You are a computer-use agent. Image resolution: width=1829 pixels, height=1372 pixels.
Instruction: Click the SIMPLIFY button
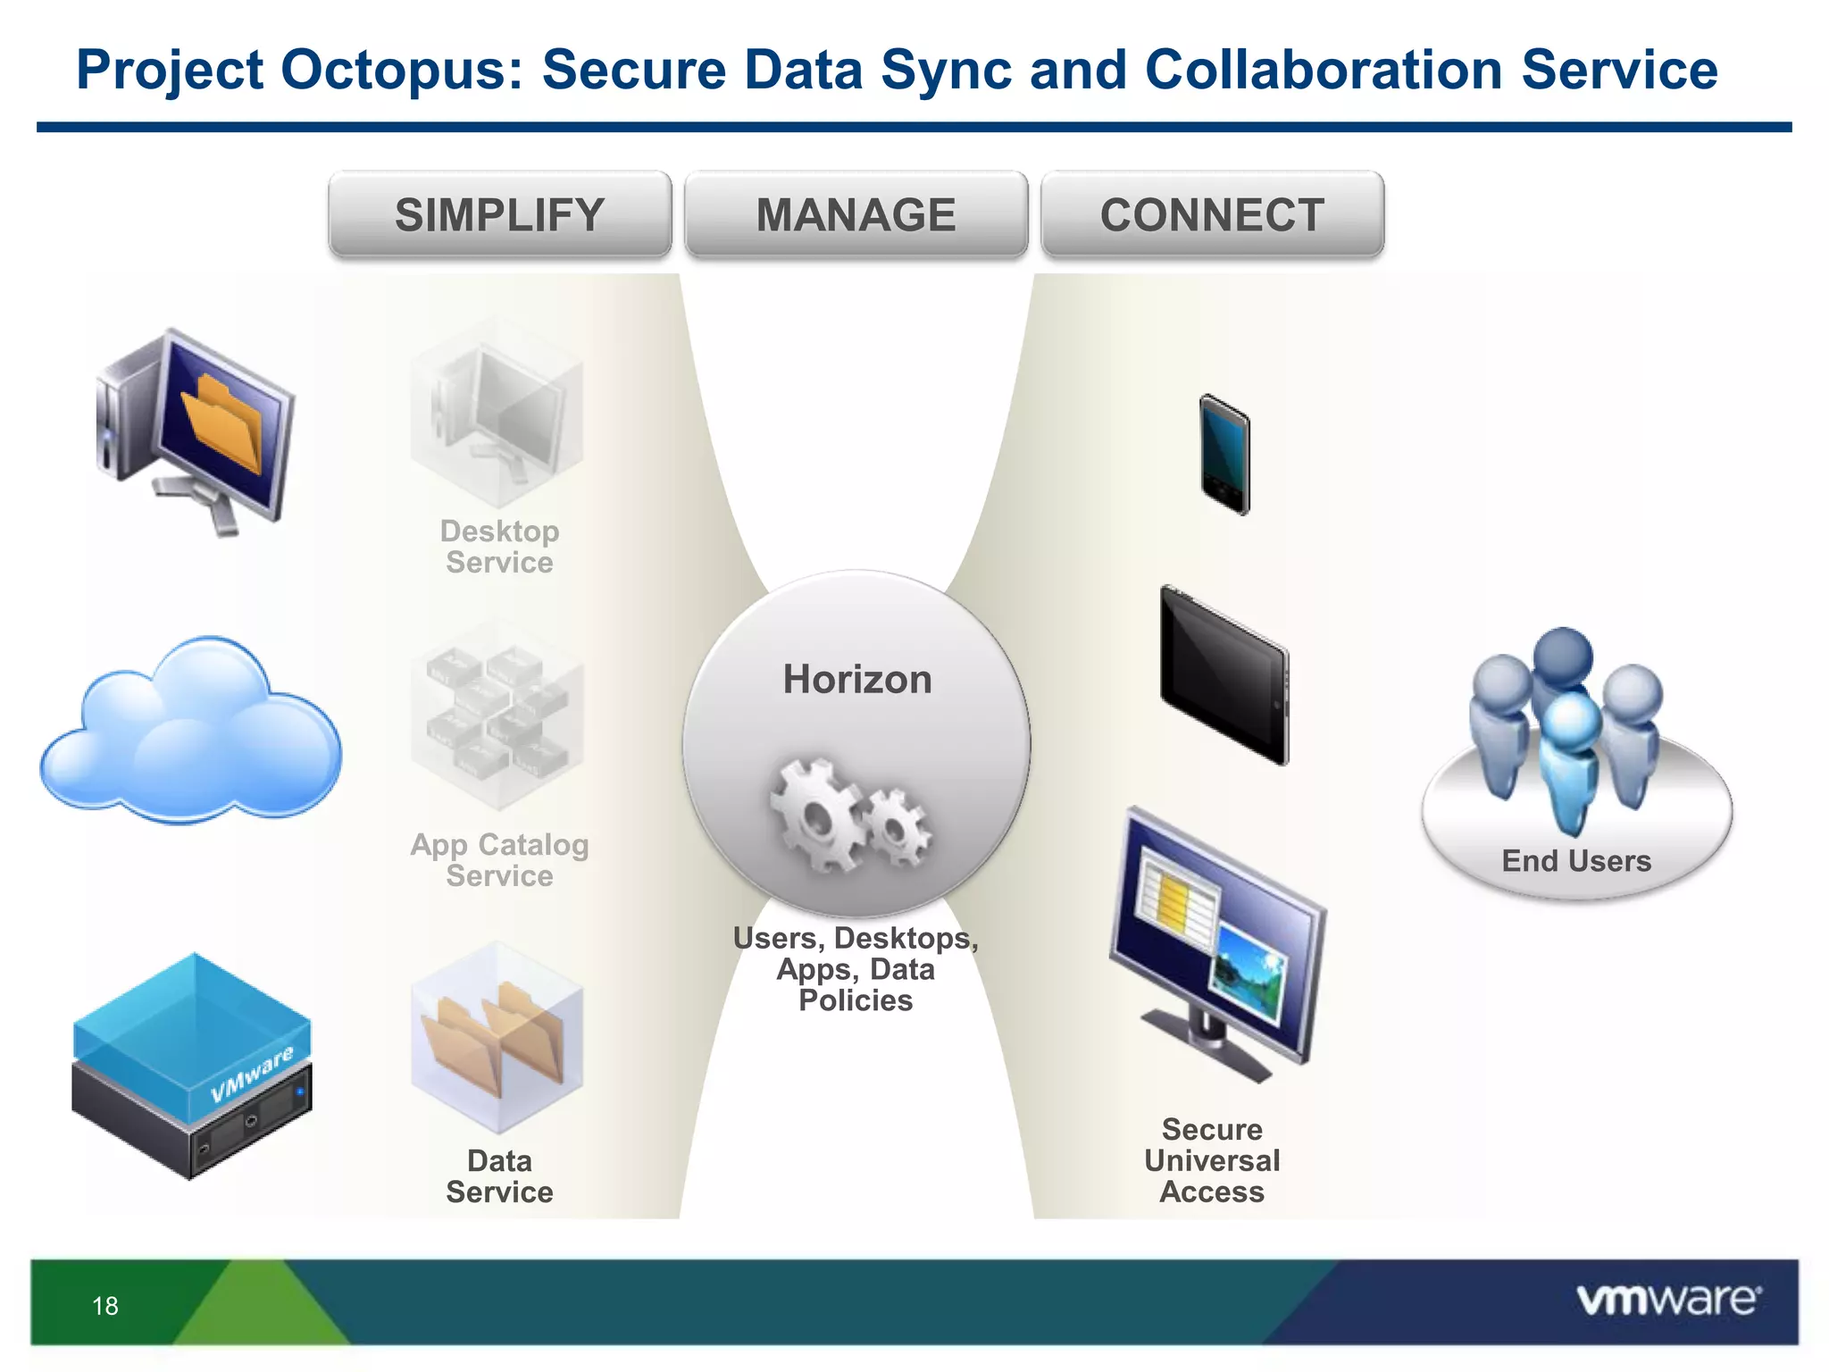(x=499, y=215)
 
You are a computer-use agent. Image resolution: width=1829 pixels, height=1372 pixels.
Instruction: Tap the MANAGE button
(x=856, y=215)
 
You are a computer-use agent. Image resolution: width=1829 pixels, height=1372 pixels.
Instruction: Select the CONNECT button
(x=1212, y=215)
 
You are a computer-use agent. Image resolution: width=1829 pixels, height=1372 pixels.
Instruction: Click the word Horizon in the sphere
(x=856, y=680)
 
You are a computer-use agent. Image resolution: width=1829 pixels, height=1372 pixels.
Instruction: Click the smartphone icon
(x=1224, y=455)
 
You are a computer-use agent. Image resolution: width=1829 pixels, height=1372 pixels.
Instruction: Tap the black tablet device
(x=1224, y=675)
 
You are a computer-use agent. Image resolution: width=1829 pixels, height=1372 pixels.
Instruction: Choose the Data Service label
(x=499, y=1176)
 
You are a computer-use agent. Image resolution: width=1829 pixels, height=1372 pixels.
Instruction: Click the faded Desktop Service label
(x=499, y=547)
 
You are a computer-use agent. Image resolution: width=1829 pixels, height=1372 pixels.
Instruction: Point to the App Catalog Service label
(x=499, y=860)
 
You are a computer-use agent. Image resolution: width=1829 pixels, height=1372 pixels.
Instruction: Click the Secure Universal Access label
(x=1212, y=1160)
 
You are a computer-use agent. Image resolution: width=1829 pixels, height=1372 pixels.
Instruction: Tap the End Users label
(x=1576, y=861)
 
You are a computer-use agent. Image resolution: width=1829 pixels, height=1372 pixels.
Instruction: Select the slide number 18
(x=105, y=1306)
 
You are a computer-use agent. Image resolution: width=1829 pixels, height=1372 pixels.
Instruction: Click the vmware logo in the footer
(x=1668, y=1301)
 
